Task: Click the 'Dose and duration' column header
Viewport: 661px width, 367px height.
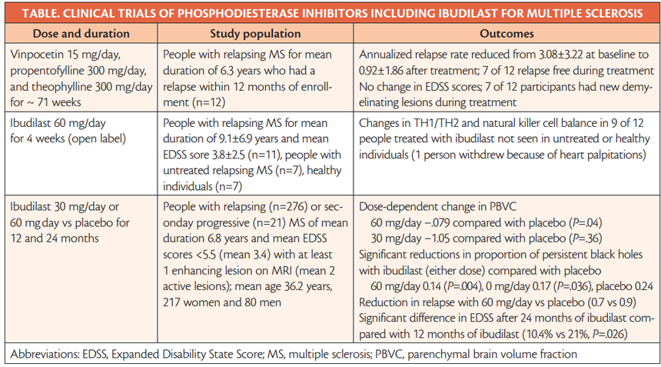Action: tap(80, 34)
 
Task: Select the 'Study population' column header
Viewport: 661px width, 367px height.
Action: tap(256, 34)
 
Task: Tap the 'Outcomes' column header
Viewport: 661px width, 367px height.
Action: tap(507, 34)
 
